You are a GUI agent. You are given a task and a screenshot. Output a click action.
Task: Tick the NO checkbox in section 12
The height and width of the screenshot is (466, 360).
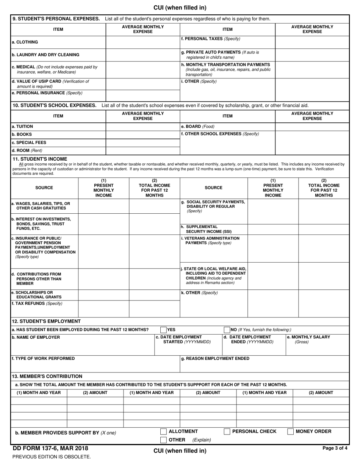(x=227, y=330)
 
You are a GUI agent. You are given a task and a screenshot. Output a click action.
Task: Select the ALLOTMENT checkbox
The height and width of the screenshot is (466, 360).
(x=163, y=432)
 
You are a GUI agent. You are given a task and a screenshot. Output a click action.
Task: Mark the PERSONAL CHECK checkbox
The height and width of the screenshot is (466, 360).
(x=227, y=432)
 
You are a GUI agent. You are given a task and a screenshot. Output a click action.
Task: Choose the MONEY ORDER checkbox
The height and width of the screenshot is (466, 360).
(x=291, y=432)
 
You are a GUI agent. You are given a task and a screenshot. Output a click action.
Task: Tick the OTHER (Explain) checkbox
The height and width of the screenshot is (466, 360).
(x=163, y=440)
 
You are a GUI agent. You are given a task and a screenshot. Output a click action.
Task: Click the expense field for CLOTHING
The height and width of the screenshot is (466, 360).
(x=142, y=42)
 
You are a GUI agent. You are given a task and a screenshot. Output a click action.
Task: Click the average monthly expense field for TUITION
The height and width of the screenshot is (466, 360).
(x=142, y=127)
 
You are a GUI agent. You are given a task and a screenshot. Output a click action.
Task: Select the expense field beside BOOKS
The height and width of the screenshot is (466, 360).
(x=142, y=134)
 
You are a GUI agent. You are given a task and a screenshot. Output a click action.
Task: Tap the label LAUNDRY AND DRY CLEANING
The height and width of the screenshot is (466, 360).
(x=45, y=55)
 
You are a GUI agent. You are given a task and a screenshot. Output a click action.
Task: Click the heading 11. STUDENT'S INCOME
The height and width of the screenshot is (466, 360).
(x=40, y=159)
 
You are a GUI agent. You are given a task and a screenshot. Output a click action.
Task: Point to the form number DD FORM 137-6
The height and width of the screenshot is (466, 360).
(x=50, y=449)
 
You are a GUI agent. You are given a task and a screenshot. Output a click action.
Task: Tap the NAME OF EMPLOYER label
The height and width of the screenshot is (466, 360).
(x=36, y=337)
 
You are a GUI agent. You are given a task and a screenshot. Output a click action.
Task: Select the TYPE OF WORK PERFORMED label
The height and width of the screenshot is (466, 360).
(x=43, y=358)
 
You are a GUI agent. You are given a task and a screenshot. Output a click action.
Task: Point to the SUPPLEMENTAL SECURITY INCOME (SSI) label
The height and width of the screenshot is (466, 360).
(x=206, y=229)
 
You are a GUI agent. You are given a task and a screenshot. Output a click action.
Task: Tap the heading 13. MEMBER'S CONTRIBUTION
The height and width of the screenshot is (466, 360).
(x=47, y=376)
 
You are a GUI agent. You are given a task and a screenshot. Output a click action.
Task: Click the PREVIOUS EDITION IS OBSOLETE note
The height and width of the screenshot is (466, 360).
(x=52, y=457)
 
